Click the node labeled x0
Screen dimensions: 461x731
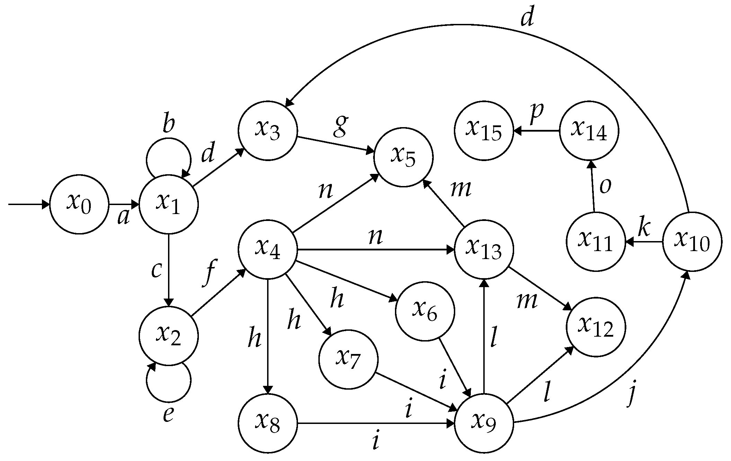point(79,204)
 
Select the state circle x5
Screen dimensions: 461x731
point(403,157)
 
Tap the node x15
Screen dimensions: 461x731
point(484,131)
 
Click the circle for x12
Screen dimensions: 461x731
point(596,327)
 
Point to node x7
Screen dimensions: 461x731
point(348,360)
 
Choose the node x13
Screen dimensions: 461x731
point(484,249)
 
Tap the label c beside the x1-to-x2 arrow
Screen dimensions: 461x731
point(156,271)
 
